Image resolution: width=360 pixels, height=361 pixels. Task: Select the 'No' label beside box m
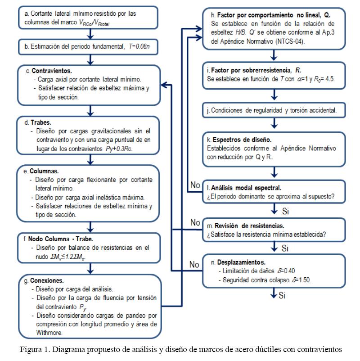(195, 222)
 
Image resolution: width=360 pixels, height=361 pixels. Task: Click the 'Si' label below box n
(282, 296)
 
